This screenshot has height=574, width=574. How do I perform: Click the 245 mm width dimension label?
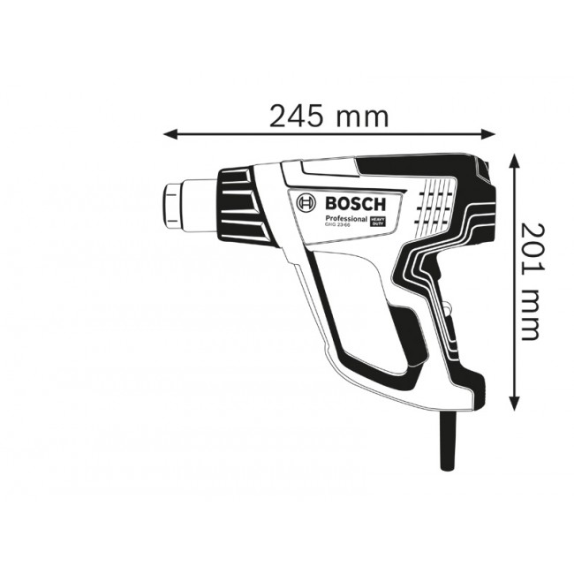[x=329, y=116]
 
